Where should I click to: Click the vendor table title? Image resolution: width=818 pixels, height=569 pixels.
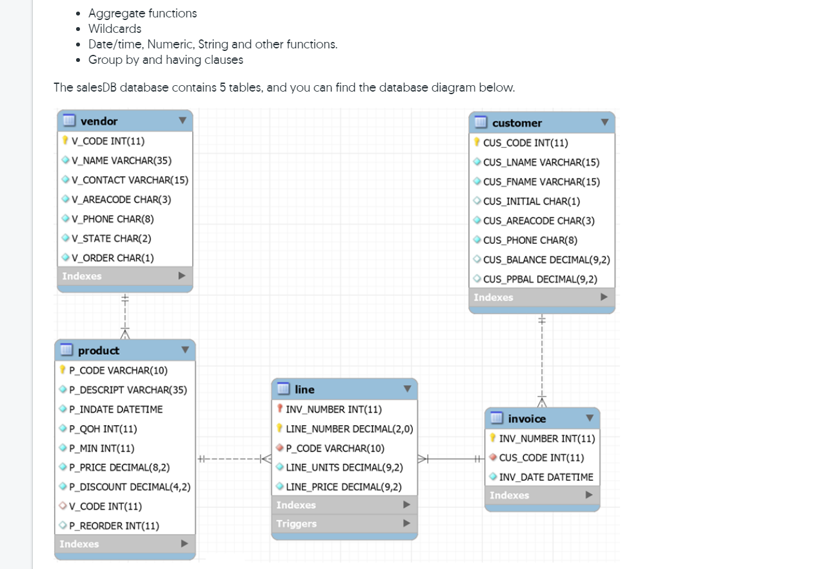pyautogui.click(x=99, y=121)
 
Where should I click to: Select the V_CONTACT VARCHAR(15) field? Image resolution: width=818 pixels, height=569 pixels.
pyautogui.click(x=130, y=180)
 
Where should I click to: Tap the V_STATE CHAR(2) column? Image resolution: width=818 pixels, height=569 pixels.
pyautogui.click(x=111, y=238)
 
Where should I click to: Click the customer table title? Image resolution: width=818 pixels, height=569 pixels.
pyautogui.click(x=517, y=123)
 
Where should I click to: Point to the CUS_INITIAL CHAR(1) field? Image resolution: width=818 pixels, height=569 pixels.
pyautogui.click(x=531, y=201)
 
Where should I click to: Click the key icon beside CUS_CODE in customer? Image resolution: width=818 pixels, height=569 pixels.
pyautogui.click(x=477, y=143)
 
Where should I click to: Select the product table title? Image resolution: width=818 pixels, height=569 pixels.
pyautogui.click(x=98, y=350)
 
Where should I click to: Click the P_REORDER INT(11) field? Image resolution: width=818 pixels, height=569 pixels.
pyautogui.click(x=114, y=526)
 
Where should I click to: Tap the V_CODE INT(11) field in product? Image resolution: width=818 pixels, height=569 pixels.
pyautogui.click(x=105, y=506)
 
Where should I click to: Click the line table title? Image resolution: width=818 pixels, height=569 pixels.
pyautogui.click(x=304, y=389)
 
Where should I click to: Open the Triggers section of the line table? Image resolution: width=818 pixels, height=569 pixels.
pyautogui.click(x=297, y=524)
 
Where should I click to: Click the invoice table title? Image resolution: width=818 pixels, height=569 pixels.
pyautogui.click(x=526, y=419)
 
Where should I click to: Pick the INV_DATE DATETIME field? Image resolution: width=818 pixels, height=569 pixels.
pyautogui.click(x=546, y=477)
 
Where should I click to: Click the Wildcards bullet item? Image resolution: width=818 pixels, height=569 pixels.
pyautogui.click(x=115, y=28)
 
